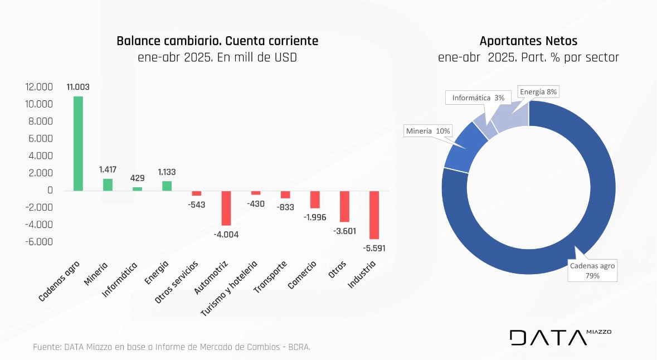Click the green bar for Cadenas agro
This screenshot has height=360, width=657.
[x=79, y=143]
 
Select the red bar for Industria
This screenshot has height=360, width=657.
[x=374, y=215]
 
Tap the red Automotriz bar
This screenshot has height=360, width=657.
[x=226, y=208]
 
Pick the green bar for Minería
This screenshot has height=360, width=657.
[x=108, y=184]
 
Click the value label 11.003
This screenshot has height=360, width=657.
[x=78, y=87]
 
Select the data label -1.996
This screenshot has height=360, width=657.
[x=315, y=217]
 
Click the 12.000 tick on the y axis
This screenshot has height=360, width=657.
[x=39, y=87]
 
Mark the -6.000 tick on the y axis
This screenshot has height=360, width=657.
[x=39, y=242]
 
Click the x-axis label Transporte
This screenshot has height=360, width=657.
[x=271, y=278]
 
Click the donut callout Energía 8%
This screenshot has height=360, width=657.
[x=537, y=91]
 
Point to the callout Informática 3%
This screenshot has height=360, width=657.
[x=478, y=98]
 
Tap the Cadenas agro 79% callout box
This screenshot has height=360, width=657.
[x=592, y=270]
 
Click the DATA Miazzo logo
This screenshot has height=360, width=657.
[x=560, y=337]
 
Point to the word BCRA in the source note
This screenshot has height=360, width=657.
[x=299, y=347]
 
